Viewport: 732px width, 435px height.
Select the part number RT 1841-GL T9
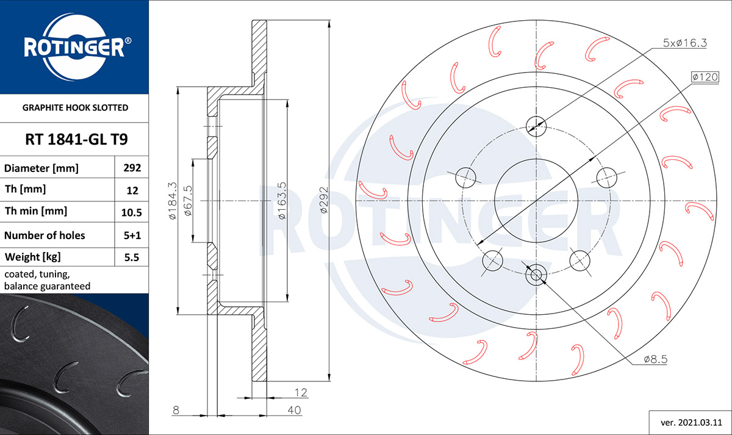click(x=76, y=140)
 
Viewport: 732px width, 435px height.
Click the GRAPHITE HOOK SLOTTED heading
click(x=75, y=107)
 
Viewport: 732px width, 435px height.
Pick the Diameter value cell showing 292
click(x=132, y=168)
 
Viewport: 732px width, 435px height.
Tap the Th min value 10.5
click(x=131, y=212)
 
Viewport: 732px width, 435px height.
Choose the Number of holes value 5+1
click(x=132, y=235)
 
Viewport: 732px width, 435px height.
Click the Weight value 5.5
click(x=132, y=257)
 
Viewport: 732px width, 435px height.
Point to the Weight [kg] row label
click(x=33, y=257)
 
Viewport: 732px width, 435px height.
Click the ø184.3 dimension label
click(x=172, y=201)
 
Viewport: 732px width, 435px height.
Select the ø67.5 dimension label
click(x=188, y=201)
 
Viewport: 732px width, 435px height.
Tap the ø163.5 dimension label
click(x=282, y=201)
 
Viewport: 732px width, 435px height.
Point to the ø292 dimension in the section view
click(x=323, y=200)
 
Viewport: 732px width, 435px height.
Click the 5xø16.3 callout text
click(x=684, y=43)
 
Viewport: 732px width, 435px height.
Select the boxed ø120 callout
click(x=705, y=77)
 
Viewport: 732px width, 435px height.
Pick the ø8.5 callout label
click(x=656, y=359)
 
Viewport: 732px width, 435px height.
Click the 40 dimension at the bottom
click(x=294, y=410)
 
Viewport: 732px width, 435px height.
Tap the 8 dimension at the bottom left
click(x=176, y=410)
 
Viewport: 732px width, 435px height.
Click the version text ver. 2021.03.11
click(x=691, y=423)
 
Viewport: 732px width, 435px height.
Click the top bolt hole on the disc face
click(x=536, y=126)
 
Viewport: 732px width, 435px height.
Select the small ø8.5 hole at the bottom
click(x=536, y=275)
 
